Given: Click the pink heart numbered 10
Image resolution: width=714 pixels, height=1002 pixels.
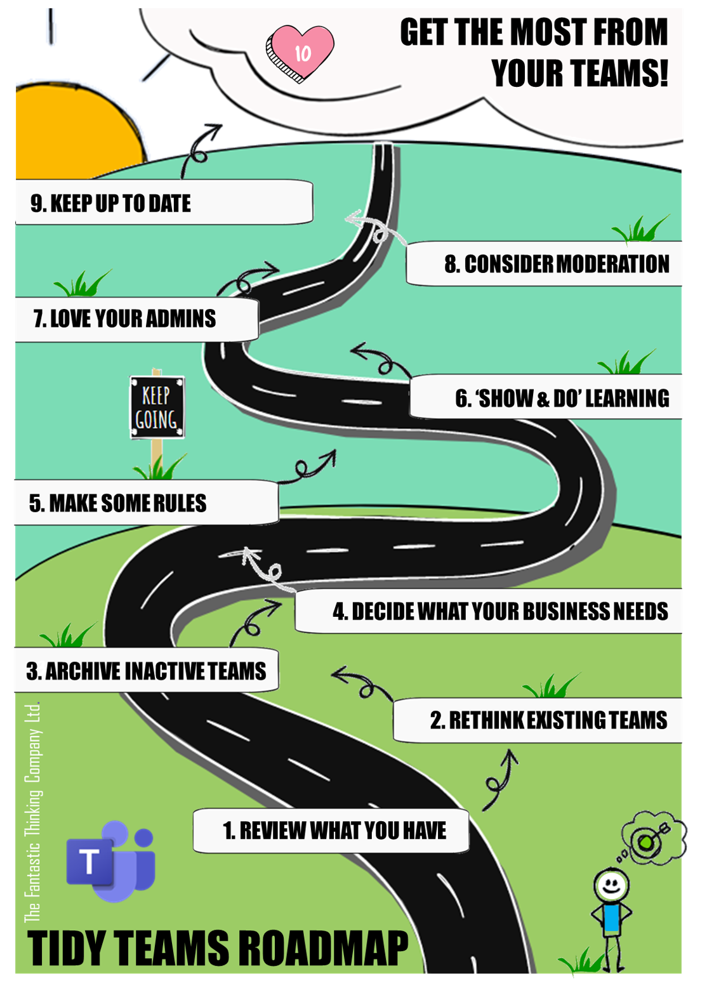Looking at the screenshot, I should coord(300,52).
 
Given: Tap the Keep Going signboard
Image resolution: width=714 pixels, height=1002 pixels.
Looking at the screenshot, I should coord(157,407).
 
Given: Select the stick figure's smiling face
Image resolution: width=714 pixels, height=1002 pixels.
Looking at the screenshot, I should coord(611,884).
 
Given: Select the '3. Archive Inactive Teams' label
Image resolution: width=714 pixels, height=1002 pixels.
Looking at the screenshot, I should coord(146,671).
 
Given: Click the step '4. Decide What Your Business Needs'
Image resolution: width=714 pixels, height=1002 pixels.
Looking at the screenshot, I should coord(499,611).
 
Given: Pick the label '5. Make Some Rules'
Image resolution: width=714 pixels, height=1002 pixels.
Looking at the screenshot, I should coord(118,503).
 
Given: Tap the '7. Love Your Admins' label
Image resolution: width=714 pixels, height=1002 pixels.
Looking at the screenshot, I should coord(125,319).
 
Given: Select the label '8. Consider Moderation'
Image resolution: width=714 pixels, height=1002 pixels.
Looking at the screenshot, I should coord(556,264).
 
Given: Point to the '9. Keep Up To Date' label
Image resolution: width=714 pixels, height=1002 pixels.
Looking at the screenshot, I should coord(111,203).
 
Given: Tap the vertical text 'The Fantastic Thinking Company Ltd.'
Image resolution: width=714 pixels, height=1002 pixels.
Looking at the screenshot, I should coord(32,812).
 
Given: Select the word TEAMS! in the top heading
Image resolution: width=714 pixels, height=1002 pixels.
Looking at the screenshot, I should coord(579,74).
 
